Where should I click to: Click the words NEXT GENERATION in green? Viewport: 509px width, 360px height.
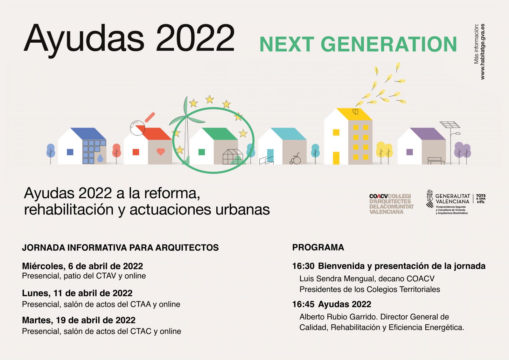click(358, 44)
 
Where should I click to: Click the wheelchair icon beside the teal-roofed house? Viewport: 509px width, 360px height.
click(295, 159)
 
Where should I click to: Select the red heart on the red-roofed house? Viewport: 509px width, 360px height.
click(161, 152)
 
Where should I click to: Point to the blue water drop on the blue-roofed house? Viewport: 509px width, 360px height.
click(100, 158)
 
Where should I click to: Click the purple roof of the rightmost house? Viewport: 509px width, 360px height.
click(428, 134)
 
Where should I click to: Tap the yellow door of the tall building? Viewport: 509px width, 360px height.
click(336, 158)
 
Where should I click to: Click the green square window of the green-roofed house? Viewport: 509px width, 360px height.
click(202, 152)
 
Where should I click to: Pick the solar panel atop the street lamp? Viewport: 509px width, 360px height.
click(450, 125)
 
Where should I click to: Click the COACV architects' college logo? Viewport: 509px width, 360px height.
click(391, 204)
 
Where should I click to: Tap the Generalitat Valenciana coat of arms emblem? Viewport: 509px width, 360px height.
click(429, 199)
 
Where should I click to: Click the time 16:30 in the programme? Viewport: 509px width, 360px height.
click(303, 266)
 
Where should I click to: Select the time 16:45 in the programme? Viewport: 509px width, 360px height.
click(303, 304)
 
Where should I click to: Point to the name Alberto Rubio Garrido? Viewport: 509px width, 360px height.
click(338, 317)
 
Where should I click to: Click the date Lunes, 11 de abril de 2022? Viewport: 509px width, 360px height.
click(77, 293)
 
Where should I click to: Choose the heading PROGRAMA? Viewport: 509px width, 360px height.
click(318, 247)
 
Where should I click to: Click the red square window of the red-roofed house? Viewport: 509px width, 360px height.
click(136, 152)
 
